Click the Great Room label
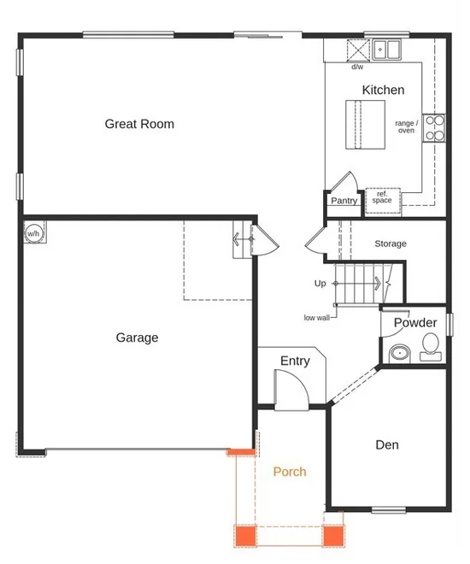pos(139,124)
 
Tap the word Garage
pos(137,338)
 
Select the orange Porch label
pos(290,472)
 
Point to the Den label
pos(387,445)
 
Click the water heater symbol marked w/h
pos(35,232)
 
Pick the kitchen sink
pos(386,50)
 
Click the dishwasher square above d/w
pos(358,50)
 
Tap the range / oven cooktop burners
pos(434,127)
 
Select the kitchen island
pos(366,125)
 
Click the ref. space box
pos(383,201)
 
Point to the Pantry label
pos(344,201)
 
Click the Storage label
pos(391,244)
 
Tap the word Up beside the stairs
pos(320,284)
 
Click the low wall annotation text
pos(317,318)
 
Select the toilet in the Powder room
pos(431,347)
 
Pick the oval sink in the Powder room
pos(400,353)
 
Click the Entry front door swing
pos(291,390)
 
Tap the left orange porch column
pos(245,536)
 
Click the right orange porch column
pos(333,536)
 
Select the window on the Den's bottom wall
pos(389,509)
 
